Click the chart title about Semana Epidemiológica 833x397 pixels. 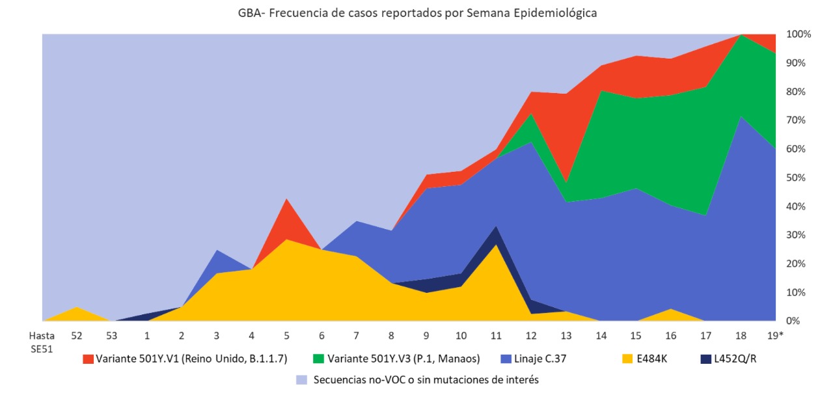417,13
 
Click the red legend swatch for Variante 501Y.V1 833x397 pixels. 87,359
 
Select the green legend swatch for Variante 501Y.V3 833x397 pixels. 319,359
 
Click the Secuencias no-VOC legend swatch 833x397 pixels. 301,379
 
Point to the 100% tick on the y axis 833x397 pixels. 798,34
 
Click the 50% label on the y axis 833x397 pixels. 797,178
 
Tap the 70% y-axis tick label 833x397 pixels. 797,120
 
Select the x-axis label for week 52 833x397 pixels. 77,336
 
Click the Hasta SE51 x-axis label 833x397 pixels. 42,342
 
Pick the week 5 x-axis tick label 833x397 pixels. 287,336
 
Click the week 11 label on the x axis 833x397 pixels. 497,336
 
